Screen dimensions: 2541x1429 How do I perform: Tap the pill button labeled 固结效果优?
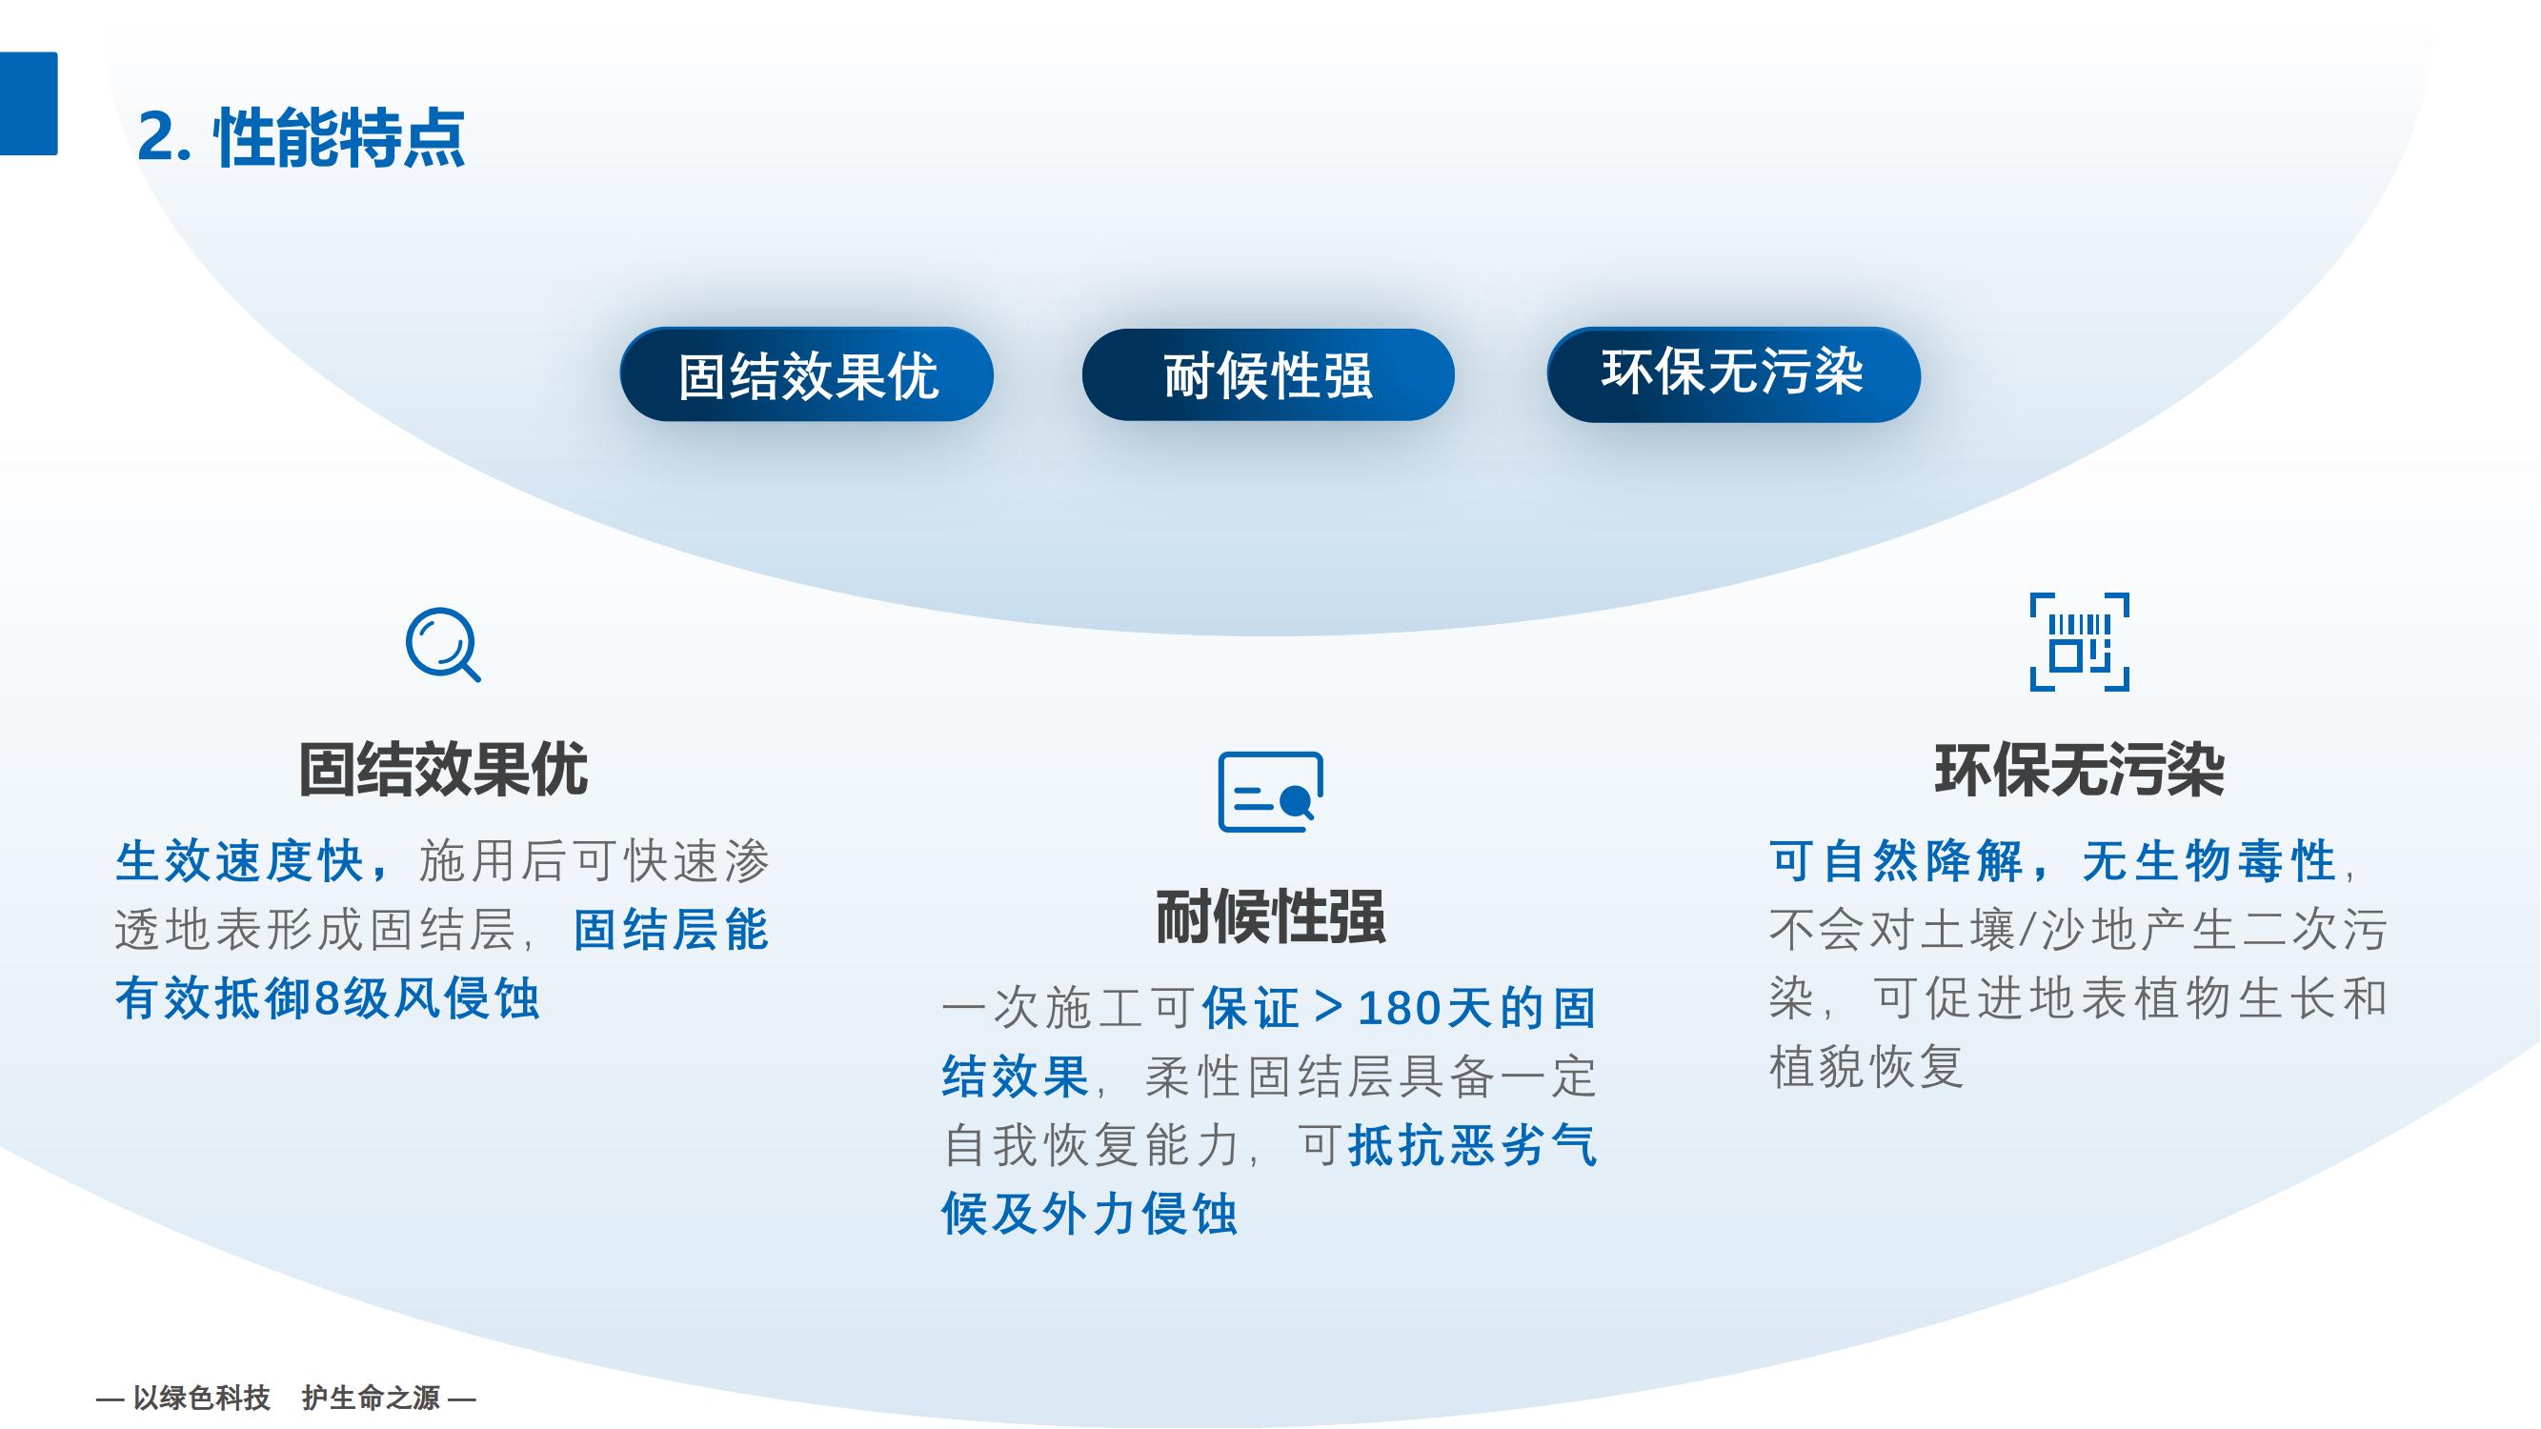[806, 374]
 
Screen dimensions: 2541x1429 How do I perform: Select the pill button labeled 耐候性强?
[1267, 374]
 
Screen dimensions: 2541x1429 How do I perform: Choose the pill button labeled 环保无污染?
[1733, 374]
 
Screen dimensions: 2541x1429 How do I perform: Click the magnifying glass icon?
[443, 645]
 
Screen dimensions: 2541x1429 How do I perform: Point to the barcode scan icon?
[2079, 642]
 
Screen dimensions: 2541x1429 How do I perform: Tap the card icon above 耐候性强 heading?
[1271, 792]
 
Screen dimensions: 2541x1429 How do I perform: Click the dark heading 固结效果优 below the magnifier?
[443, 770]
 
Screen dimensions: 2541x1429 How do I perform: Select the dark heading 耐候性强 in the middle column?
[1271, 917]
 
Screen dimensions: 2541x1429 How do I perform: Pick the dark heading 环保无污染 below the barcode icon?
[2079, 770]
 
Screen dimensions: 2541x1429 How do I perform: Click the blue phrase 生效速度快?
[240, 861]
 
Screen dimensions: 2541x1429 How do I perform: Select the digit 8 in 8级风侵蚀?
[327, 999]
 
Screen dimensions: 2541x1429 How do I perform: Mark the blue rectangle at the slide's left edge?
[29, 104]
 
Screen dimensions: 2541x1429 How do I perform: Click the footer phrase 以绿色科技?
[201, 1398]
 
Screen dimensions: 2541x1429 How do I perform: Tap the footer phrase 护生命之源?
[371, 1398]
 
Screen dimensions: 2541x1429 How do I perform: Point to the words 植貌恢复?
[1866, 1066]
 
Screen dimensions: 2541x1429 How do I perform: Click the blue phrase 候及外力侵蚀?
[1090, 1213]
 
